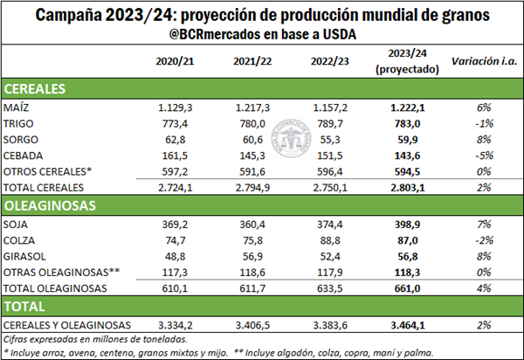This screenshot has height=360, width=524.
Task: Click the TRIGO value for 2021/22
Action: tap(252, 123)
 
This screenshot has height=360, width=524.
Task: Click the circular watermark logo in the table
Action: tap(288, 139)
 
